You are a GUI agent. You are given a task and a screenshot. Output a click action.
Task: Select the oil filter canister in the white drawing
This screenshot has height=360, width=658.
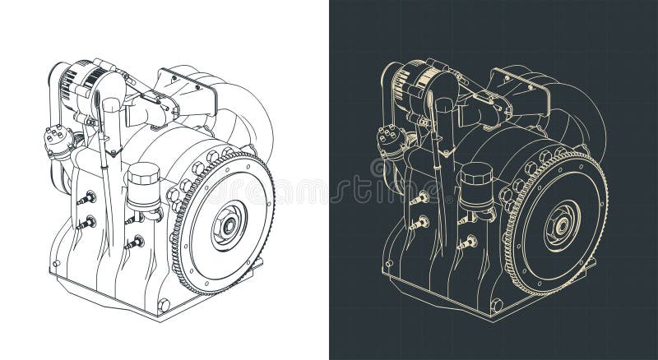(x=143, y=187)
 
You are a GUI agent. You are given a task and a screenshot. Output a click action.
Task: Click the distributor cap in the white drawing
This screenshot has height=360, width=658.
(x=58, y=136)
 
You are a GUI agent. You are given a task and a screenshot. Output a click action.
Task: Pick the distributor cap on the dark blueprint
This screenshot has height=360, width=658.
(x=391, y=136)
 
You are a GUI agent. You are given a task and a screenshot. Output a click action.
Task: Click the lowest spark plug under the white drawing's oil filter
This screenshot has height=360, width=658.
(x=133, y=242)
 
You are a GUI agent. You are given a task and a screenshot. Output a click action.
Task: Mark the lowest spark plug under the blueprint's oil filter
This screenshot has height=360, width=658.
(x=467, y=242)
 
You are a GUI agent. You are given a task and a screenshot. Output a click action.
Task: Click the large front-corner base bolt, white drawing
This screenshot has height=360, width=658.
(x=164, y=305)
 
